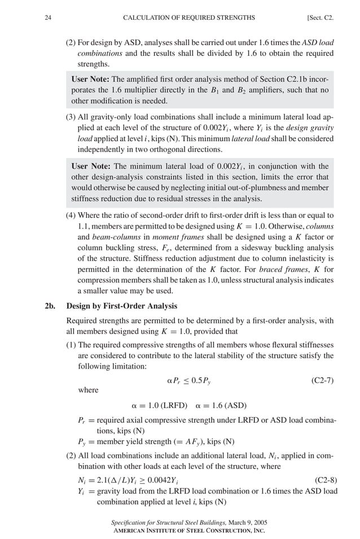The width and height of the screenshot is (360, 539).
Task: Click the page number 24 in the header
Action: pos(48,17)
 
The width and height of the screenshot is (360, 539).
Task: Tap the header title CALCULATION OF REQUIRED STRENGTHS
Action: pos(188,17)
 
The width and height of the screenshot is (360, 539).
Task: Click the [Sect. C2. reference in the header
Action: pos(320,17)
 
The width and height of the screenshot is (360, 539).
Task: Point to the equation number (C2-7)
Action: pos(322,380)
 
